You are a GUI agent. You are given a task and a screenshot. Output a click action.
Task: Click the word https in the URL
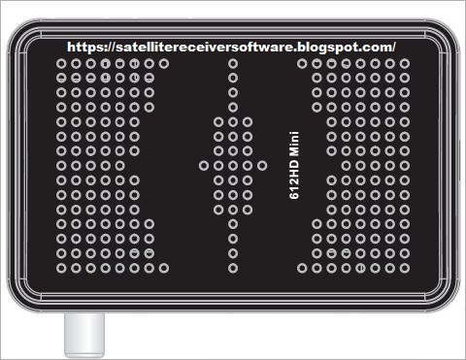click(x=83, y=48)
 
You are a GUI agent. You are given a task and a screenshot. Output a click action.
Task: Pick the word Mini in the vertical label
click(x=294, y=147)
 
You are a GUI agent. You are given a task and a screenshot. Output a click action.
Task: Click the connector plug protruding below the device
click(x=84, y=335)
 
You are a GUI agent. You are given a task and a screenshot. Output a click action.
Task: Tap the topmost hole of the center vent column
click(x=233, y=63)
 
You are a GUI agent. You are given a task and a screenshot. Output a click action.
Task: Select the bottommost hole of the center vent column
click(x=233, y=268)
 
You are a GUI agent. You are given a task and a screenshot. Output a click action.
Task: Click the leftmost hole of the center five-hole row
click(x=204, y=166)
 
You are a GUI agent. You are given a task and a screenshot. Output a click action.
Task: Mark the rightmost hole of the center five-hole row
click(x=262, y=166)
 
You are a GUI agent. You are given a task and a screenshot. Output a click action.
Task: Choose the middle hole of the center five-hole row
click(x=233, y=166)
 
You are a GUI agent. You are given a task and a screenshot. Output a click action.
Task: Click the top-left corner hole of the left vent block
click(x=61, y=63)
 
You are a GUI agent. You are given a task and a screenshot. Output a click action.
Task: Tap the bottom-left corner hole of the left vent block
click(x=61, y=268)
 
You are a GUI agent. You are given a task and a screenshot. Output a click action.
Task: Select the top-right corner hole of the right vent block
click(x=405, y=63)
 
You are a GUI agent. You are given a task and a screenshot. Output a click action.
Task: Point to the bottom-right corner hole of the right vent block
click(x=405, y=268)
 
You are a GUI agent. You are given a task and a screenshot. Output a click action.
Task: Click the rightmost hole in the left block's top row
click(x=164, y=63)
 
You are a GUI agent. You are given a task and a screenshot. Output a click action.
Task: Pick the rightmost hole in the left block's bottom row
click(x=164, y=268)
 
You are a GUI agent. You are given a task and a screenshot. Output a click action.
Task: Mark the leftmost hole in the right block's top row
click(x=302, y=63)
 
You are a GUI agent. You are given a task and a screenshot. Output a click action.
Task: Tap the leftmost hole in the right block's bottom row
click(x=302, y=268)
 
